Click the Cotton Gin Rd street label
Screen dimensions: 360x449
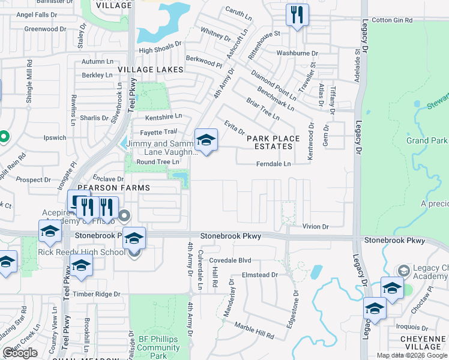point(393,20)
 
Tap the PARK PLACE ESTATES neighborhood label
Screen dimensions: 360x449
point(273,143)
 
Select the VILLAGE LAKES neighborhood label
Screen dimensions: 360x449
point(150,70)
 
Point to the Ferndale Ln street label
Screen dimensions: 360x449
point(273,164)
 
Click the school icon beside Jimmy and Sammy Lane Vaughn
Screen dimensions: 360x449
point(206,140)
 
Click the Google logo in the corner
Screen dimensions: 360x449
point(20,353)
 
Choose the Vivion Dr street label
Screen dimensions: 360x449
point(316,226)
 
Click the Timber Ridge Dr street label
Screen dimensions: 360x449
point(97,294)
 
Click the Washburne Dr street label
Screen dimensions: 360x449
point(297,53)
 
